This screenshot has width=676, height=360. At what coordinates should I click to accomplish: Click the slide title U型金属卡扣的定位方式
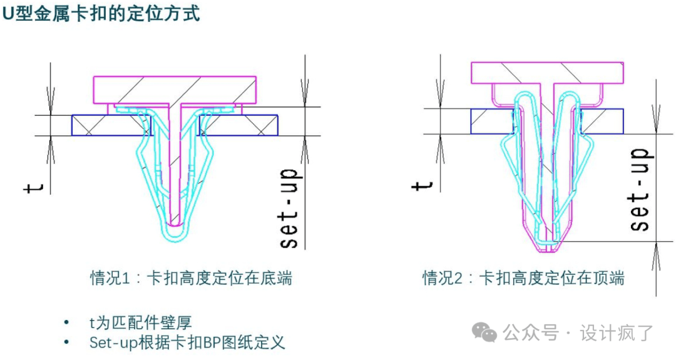pyautogui.click(x=101, y=14)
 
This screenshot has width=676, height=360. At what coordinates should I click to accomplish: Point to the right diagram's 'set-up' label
pyautogui.click(x=639, y=190)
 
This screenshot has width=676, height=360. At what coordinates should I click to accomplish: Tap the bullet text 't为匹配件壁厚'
pyautogui.click(x=140, y=323)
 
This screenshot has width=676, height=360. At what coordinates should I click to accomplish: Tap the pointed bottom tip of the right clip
pyautogui.click(x=548, y=249)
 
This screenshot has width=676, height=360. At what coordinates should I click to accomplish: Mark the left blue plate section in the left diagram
pyautogui.click(x=111, y=125)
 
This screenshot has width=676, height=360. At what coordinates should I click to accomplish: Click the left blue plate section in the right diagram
pyautogui.click(x=492, y=120)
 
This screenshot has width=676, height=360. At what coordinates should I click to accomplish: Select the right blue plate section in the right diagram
pyautogui.click(x=603, y=120)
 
